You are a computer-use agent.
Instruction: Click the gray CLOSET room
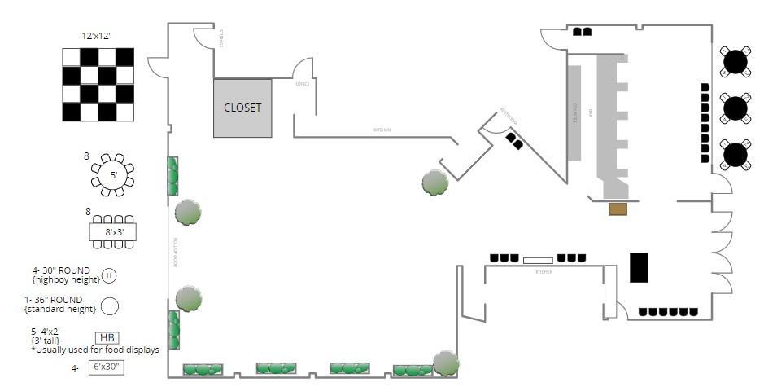pyautogui.click(x=242, y=108)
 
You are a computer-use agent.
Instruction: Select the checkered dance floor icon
pyautogui.click(x=98, y=84)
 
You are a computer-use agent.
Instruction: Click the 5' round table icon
pyautogui.click(x=113, y=174)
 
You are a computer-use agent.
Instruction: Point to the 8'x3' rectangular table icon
pyautogui.click(x=112, y=231)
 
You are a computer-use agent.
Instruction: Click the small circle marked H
pyautogui.click(x=109, y=275)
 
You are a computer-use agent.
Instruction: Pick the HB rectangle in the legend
pyautogui.click(x=107, y=337)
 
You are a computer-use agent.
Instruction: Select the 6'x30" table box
pyautogui.click(x=106, y=367)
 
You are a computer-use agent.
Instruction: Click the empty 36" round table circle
pyautogui.click(x=109, y=306)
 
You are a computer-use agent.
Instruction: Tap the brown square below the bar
pyautogui.click(x=618, y=209)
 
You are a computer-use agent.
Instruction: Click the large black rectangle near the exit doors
pyautogui.click(x=639, y=267)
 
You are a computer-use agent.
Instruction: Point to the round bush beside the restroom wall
pyautogui.click(x=434, y=182)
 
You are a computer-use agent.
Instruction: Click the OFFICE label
pyautogui.click(x=302, y=84)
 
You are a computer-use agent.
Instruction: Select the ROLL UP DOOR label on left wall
pyautogui.click(x=176, y=253)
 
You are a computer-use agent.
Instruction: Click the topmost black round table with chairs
pyautogui.click(x=736, y=61)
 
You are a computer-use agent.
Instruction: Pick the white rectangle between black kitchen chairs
pyautogui.click(x=537, y=261)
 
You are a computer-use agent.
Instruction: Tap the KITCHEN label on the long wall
pyautogui.click(x=382, y=130)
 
